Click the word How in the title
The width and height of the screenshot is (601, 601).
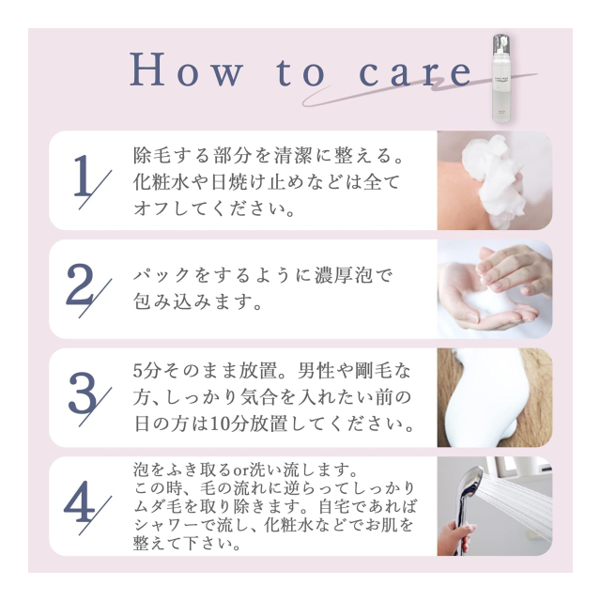click(x=187, y=70)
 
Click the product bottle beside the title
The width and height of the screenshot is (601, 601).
click(x=501, y=79)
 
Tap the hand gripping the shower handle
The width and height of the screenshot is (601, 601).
click(x=455, y=536)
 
